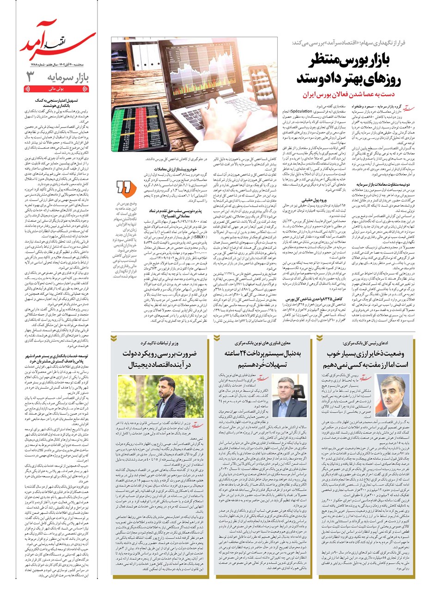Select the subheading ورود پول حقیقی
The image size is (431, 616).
tap(315, 201)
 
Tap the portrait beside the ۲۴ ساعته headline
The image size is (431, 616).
tap(290, 397)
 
